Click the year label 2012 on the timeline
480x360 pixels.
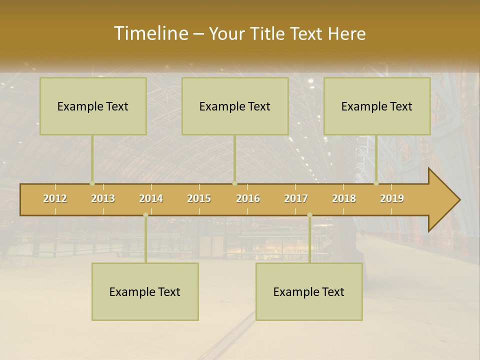pos(55,198)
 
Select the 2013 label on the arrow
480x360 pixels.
pos(103,198)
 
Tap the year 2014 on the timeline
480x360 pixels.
pos(151,198)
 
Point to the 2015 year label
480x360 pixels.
pos(199,198)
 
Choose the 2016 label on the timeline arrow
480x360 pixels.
pos(248,198)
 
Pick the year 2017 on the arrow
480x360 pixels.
pos(296,198)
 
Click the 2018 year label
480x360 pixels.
pos(344,198)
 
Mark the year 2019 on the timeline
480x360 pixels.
pos(392,198)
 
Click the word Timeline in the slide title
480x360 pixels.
pos(150,33)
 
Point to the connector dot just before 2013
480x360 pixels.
pos(92,183)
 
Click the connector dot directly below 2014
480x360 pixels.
pos(145,215)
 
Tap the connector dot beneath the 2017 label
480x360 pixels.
pos(309,215)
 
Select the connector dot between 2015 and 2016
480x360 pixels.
pos(234,183)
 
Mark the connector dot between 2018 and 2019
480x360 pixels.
pos(376,183)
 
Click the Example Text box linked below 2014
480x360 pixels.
pos(145,291)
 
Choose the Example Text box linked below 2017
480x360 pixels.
pos(309,291)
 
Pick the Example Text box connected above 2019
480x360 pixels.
pos(377,106)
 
